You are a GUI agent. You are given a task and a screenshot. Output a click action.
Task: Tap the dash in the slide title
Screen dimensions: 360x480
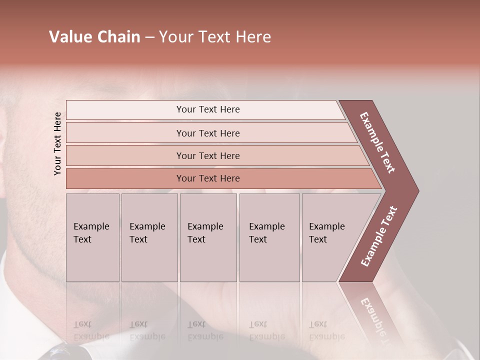click(x=149, y=37)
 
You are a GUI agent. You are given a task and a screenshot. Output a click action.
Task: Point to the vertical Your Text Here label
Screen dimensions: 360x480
click(x=57, y=143)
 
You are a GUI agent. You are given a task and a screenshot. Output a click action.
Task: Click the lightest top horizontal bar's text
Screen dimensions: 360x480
click(x=208, y=109)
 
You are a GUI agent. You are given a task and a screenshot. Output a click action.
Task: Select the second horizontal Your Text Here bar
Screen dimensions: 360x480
click(x=208, y=133)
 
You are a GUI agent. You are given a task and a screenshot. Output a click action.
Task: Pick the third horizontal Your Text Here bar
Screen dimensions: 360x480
click(x=208, y=156)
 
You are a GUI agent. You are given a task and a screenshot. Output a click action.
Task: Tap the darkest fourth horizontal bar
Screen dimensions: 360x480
click(x=208, y=178)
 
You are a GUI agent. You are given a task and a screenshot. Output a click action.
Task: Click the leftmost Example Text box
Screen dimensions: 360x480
click(x=92, y=237)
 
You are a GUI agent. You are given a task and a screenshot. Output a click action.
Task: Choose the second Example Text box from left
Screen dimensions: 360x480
click(x=149, y=237)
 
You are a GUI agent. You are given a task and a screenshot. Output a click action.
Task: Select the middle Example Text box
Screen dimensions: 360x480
click(x=208, y=237)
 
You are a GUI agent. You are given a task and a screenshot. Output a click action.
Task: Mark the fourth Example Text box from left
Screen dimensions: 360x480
click(x=269, y=237)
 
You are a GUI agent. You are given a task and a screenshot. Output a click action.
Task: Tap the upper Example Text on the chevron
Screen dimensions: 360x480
click(x=377, y=142)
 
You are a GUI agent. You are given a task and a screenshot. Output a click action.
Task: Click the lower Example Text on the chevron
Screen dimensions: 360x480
click(x=378, y=236)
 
